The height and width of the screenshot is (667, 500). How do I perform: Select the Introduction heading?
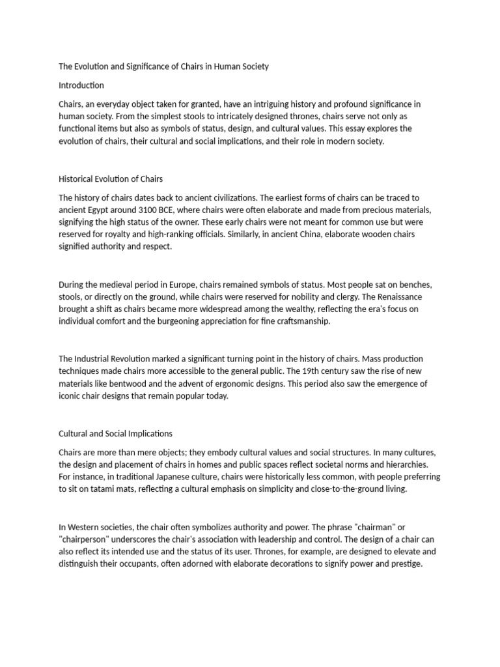81,85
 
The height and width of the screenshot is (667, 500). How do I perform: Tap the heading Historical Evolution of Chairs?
111,178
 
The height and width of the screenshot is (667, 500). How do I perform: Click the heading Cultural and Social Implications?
115,433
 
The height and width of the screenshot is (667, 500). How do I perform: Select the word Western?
87,527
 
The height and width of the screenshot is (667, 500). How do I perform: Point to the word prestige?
406,563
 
